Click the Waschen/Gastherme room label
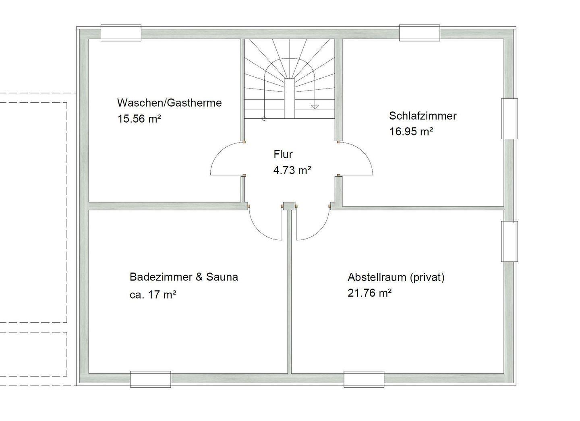click(x=170, y=103)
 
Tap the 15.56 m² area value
click(x=139, y=119)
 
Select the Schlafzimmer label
click(x=423, y=116)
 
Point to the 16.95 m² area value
click(x=411, y=132)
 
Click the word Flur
click(x=283, y=155)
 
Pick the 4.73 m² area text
click(x=292, y=171)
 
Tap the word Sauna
click(x=222, y=277)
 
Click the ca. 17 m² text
click(x=153, y=295)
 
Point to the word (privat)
click(x=427, y=278)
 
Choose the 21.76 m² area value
click(x=369, y=293)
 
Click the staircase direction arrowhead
click(x=315, y=107)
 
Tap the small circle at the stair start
click(x=264, y=119)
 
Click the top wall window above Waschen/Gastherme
click(x=121, y=33)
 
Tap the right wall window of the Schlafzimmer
click(x=509, y=119)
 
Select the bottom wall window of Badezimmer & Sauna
click(x=151, y=379)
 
